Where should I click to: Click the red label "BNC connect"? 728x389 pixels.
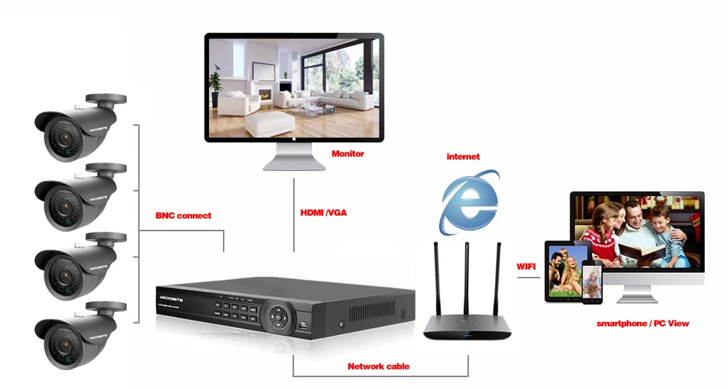[x=183, y=216]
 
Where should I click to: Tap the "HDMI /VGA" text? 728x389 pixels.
[x=324, y=213]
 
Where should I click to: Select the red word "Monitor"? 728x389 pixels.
[x=348, y=154]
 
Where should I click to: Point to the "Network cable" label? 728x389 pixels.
[x=379, y=366]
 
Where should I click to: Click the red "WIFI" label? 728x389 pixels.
[x=526, y=267]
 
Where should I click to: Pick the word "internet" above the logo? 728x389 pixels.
[x=463, y=157]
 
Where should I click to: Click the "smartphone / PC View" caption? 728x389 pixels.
[x=643, y=323]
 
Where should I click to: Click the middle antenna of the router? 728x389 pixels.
[x=467, y=279]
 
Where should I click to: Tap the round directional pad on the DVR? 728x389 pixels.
[x=277, y=315]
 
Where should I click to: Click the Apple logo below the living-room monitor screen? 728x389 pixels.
[x=293, y=138]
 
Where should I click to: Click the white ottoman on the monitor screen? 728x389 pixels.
[x=269, y=124]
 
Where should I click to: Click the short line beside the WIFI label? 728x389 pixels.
[x=529, y=278]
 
